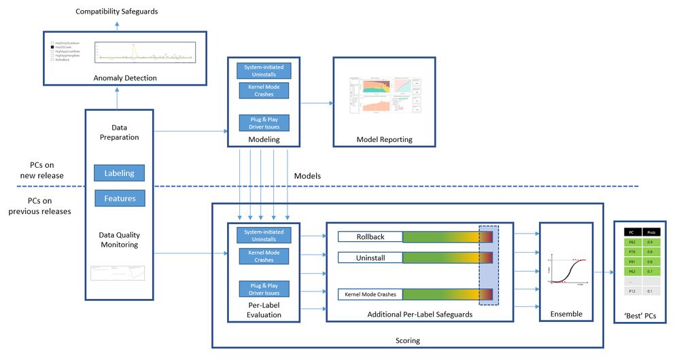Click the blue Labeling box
pyautogui.click(x=119, y=173)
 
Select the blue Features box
pyautogui.click(x=119, y=198)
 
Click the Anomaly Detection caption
pyautogui.click(x=126, y=77)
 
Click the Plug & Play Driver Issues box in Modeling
pyautogui.click(x=264, y=122)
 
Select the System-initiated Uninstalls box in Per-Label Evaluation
pyautogui.click(x=264, y=235)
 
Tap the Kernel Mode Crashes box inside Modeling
pyautogui.click(x=264, y=90)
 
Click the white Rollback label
pyautogui.click(x=370, y=236)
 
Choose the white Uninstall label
pyautogui.click(x=370, y=258)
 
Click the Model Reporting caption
pyautogui.click(x=384, y=140)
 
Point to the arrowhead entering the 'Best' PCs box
pyautogui.click(x=611, y=272)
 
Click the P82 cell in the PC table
pyautogui.click(x=631, y=242)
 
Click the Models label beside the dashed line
pyautogui.click(x=307, y=176)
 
